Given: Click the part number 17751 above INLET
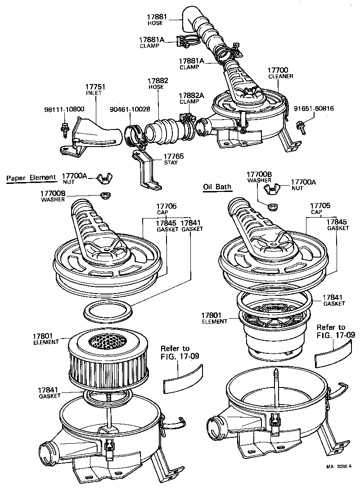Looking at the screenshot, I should pyautogui.click(x=94, y=86).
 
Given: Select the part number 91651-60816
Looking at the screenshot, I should pyautogui.click(x=314, y=108).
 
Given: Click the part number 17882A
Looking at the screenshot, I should pyautogui.click(x=191, y=96).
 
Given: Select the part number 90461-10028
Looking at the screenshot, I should pyautogui.click(x=130, y=109).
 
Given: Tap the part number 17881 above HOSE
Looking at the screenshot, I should pyautogui.click(x=157, y=17).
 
